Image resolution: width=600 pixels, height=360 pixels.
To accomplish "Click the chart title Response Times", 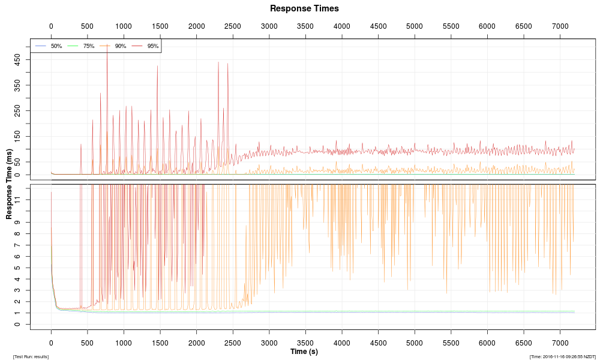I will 304,8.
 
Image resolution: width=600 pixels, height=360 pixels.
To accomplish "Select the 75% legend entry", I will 88,46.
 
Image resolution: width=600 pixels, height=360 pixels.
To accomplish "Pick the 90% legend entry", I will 120,46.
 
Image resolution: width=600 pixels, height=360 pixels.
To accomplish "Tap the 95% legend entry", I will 152,46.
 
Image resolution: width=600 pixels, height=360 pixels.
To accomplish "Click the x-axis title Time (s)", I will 304,351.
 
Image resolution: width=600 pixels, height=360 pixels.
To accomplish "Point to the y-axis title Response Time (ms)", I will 9,184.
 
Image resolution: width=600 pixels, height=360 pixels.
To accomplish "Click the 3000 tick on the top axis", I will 269,26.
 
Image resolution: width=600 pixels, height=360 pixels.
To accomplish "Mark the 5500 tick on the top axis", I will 451,26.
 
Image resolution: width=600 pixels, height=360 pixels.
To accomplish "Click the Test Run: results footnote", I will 31,356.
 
